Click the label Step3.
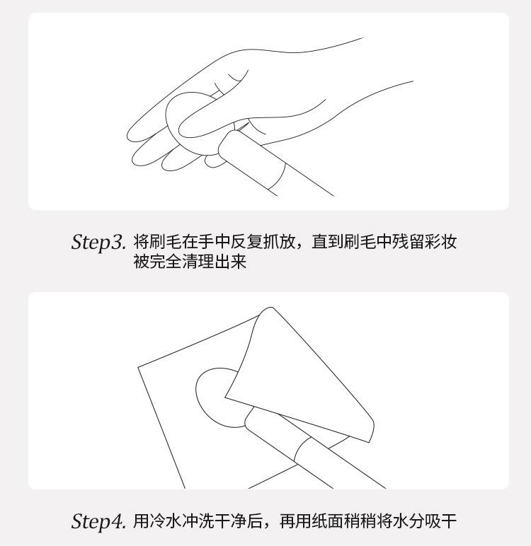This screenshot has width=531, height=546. click(x=98, y=243)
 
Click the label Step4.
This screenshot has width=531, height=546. click(x=98, y=521)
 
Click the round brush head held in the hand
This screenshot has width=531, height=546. click(x=181, y=118)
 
